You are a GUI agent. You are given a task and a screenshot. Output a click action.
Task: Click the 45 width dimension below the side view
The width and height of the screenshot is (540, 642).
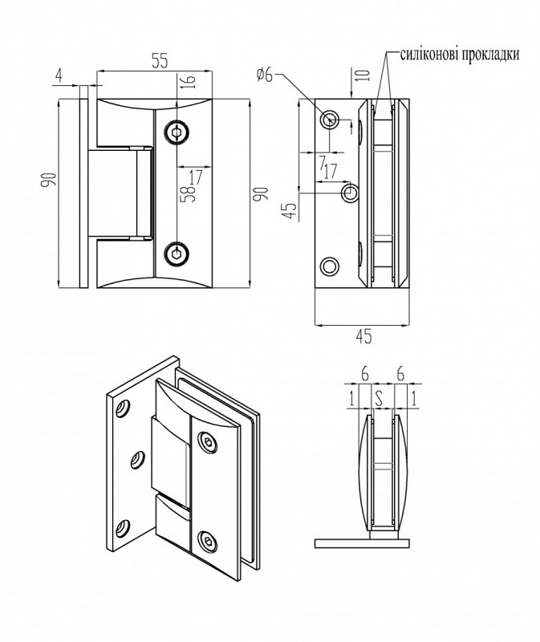363,337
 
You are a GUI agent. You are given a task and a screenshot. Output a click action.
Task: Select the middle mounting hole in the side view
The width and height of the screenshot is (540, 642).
351,193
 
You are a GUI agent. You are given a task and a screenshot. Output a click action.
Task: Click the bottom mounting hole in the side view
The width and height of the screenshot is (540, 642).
329,266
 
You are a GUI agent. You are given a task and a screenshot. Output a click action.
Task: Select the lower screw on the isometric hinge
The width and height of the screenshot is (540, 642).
209,542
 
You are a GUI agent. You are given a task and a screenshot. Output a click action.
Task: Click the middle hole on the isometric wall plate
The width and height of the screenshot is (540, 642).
138,458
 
